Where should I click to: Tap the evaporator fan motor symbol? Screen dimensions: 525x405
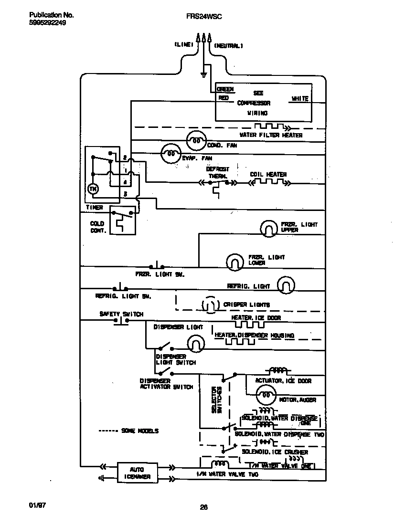pos(170,153)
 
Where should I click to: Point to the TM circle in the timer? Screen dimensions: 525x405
pos(93,189)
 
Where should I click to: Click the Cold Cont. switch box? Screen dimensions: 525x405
pos(122,220)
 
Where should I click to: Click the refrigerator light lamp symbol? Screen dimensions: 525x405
pos(286,285)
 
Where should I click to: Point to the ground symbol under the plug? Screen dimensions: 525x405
pos(204,74)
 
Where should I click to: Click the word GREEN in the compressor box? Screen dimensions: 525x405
pos(225,89)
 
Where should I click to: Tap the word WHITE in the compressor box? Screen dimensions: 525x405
pos(300,99)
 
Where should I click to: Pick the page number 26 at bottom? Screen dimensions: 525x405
pos(203,507)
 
